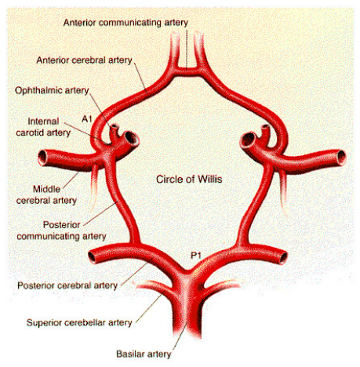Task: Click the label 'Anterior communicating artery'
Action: tap(125, 23)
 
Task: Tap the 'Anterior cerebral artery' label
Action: tap(84, 60)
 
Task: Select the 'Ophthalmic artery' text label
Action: tap(52, 90)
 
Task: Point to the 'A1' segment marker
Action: tap(87, 119)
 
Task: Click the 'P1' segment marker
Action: tap(196, 255)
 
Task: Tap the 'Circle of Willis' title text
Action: tap(189, 180)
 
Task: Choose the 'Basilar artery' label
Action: tap(144, 354)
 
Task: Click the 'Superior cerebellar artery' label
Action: tap(79, 322)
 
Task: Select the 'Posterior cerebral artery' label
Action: tap(67, 285)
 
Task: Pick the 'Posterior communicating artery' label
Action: tap(61, 231)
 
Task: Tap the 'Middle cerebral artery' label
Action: tap(46, 194)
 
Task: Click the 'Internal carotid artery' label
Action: tap(43, 127)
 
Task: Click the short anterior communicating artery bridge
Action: tap(187, 71)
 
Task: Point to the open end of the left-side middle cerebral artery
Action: tap(42, 158)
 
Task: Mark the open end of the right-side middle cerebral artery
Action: tap(341, 158)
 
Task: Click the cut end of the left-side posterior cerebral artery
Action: tap(92, 257)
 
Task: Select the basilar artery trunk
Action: tap(187, 308)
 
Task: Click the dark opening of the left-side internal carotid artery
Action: tap(131, 138)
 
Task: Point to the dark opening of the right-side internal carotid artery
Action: tap(247, 139)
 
